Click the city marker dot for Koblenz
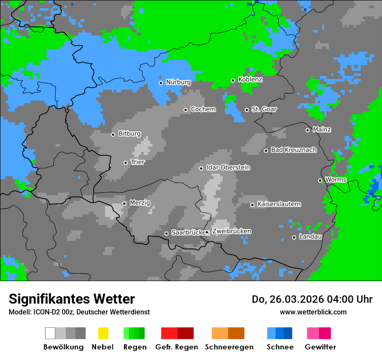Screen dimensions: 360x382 point(233,80)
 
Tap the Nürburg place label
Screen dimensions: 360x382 point(178,82)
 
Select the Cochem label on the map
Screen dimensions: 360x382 point(203,109)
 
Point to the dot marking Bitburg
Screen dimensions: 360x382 point(113,134)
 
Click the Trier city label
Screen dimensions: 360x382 point(137,162)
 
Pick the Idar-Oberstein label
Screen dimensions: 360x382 point(228,167)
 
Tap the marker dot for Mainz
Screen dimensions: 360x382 point(307,130)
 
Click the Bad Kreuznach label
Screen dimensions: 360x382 point(293,150)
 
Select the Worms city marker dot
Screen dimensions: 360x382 point(320,180)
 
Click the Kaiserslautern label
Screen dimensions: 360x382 point(279,204)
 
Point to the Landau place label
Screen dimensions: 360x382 point(310,237)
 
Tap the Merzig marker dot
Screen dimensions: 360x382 point(124,203)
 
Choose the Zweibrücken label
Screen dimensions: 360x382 point(231,231)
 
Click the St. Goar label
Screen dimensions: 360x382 point(264,109)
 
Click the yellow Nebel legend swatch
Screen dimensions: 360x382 point(103,333)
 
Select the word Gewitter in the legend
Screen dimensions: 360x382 point(320,347)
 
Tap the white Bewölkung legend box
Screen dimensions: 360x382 point(50,333)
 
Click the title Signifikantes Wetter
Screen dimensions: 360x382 point(72,299)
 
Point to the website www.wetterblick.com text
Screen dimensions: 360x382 point(313,312)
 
